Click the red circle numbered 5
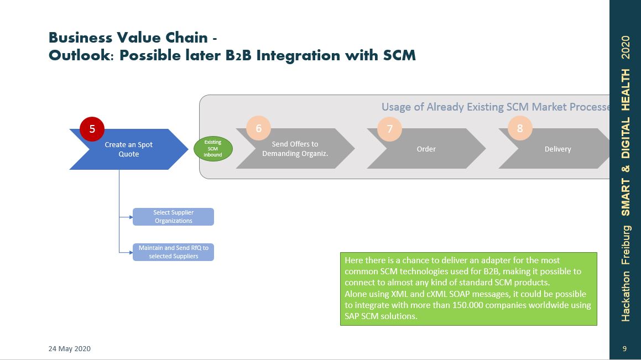click(x=92, y=129)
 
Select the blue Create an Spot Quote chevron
click(x=128, y=149)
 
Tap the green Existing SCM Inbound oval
click(x=213, y=149)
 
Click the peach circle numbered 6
click(x=258, y=128)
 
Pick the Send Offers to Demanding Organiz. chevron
click(x=295, y=149)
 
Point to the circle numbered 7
click(x=390, y=128)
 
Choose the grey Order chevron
click(x=426, y=149)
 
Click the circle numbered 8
click(x=520, y=128)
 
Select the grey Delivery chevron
click(x=557, y=149)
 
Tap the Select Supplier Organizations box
click(x=173, y=217)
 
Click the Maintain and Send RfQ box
click(x=173, y=252)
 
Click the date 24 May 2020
click(x=70, y=349)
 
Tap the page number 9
click(x=624, y=349)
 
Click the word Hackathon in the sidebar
click(x=626, y=296)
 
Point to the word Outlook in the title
click(x=81, y=56)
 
